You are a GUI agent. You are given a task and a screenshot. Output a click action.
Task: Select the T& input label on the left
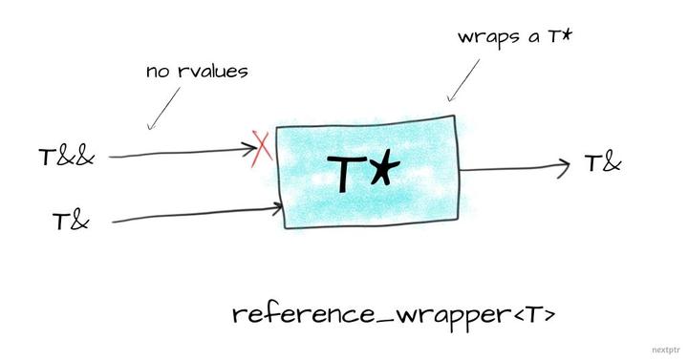[x=71, y=222]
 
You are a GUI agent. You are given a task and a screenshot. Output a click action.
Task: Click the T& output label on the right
[x=602, y=162]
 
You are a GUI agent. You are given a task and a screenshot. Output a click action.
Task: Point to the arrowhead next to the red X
[x=250, y=148]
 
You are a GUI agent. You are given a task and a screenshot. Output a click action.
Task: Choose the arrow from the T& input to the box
[x=191, y=216]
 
